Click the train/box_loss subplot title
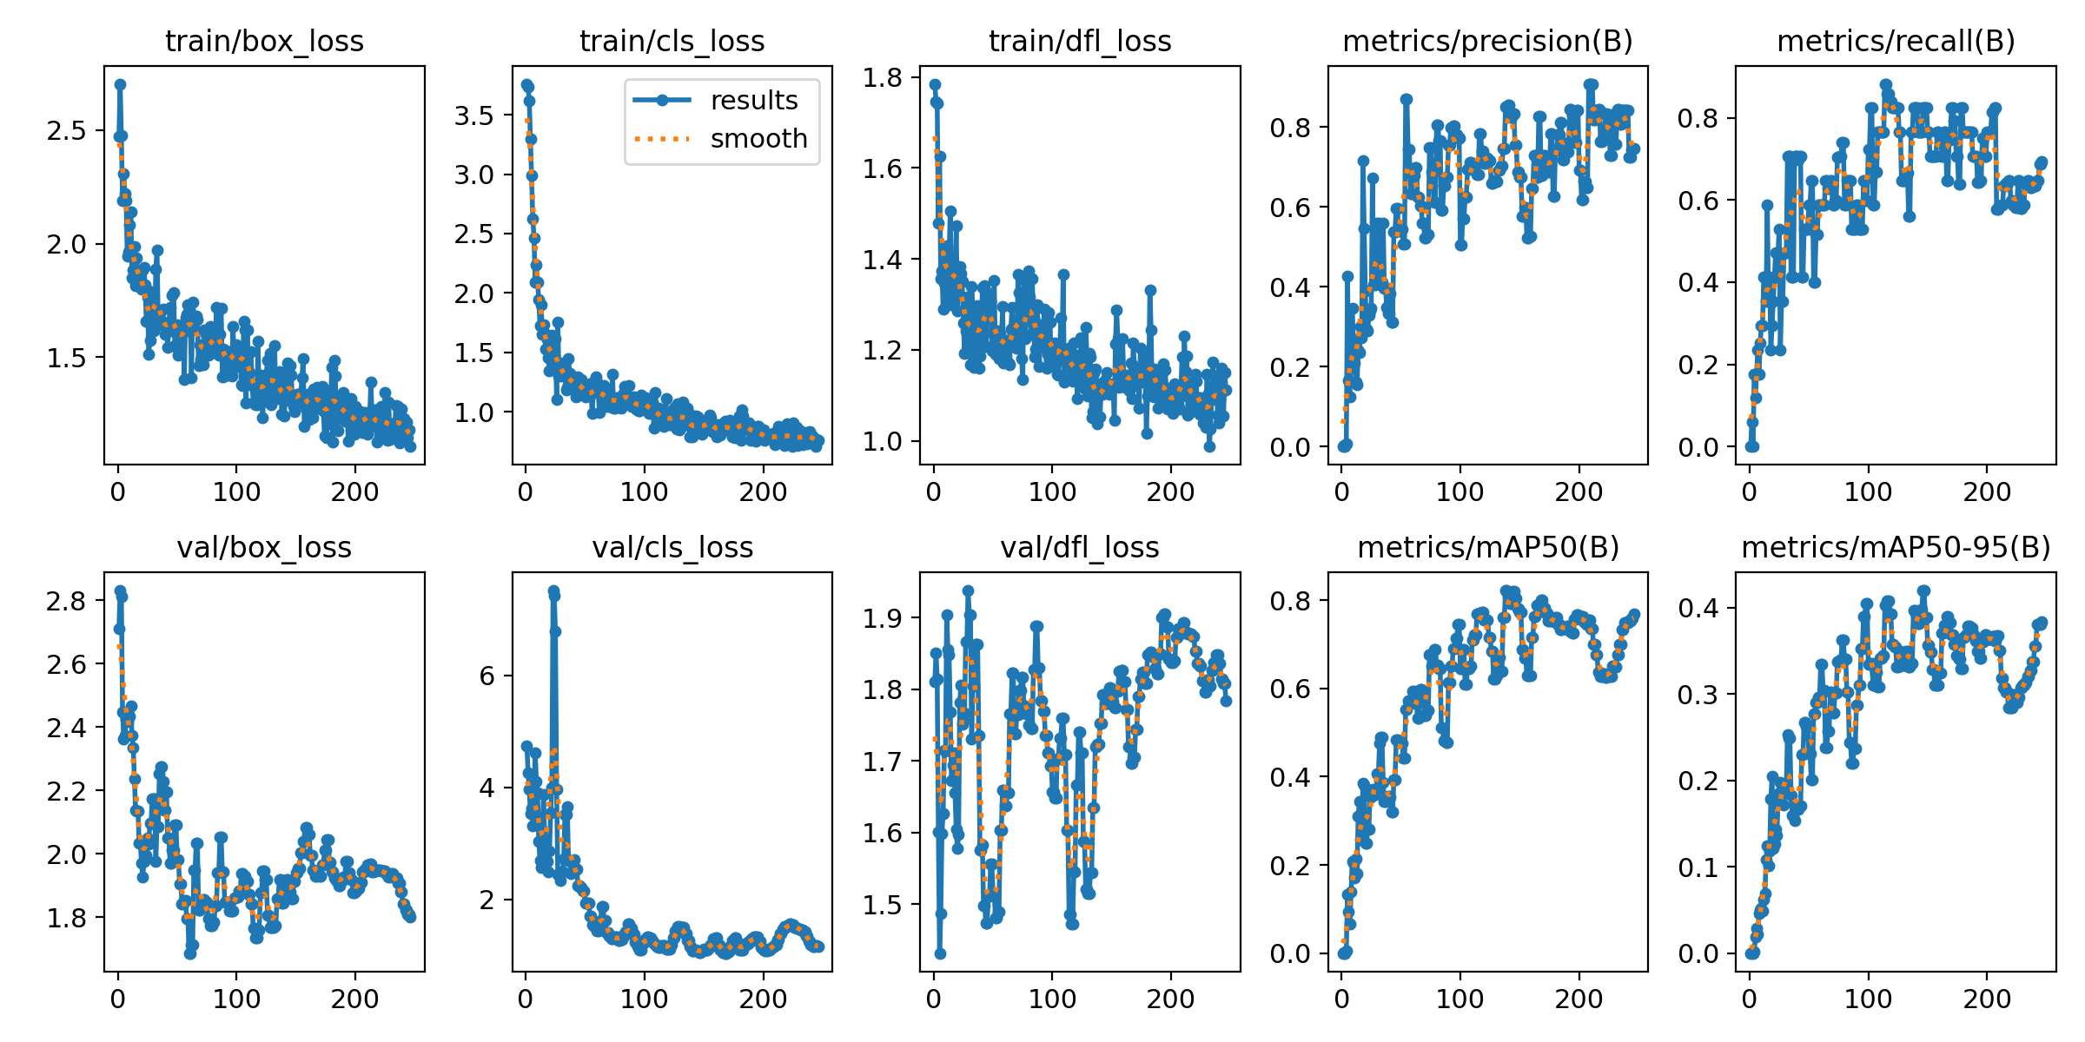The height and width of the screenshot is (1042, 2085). click(264, 41)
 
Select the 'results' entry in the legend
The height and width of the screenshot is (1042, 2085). click(753, 101)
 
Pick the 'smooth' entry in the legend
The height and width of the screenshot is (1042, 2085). click(758, 139)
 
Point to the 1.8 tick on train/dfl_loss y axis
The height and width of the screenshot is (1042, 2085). click(883, 77)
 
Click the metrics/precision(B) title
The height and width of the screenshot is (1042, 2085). click(1487, 41)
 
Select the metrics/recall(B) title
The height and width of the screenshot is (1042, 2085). click(1896, 41)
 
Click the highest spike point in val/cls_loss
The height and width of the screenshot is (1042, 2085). click(553, 591)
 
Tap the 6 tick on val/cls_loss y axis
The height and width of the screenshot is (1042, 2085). click(486, 676)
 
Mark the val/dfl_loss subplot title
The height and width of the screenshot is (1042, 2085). click(1080, 547)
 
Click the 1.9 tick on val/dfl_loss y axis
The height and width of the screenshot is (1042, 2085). click(883, 618)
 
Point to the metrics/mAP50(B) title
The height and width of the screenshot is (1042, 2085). click(1487, 547)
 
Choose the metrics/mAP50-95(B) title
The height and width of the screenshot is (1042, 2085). click(1896, 547)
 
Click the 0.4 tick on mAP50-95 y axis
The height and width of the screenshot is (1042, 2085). click(1698, 608)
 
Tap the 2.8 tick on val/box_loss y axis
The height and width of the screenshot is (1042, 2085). click(67, 601)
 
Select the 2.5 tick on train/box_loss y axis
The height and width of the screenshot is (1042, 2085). click(67, 131)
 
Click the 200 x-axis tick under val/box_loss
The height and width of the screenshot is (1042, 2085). click(354, 999)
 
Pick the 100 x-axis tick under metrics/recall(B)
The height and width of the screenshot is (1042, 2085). click(1868, 492)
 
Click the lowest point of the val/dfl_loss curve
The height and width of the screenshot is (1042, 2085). click(940, 953)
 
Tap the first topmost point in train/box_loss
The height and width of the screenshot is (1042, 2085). click(120, 84)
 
